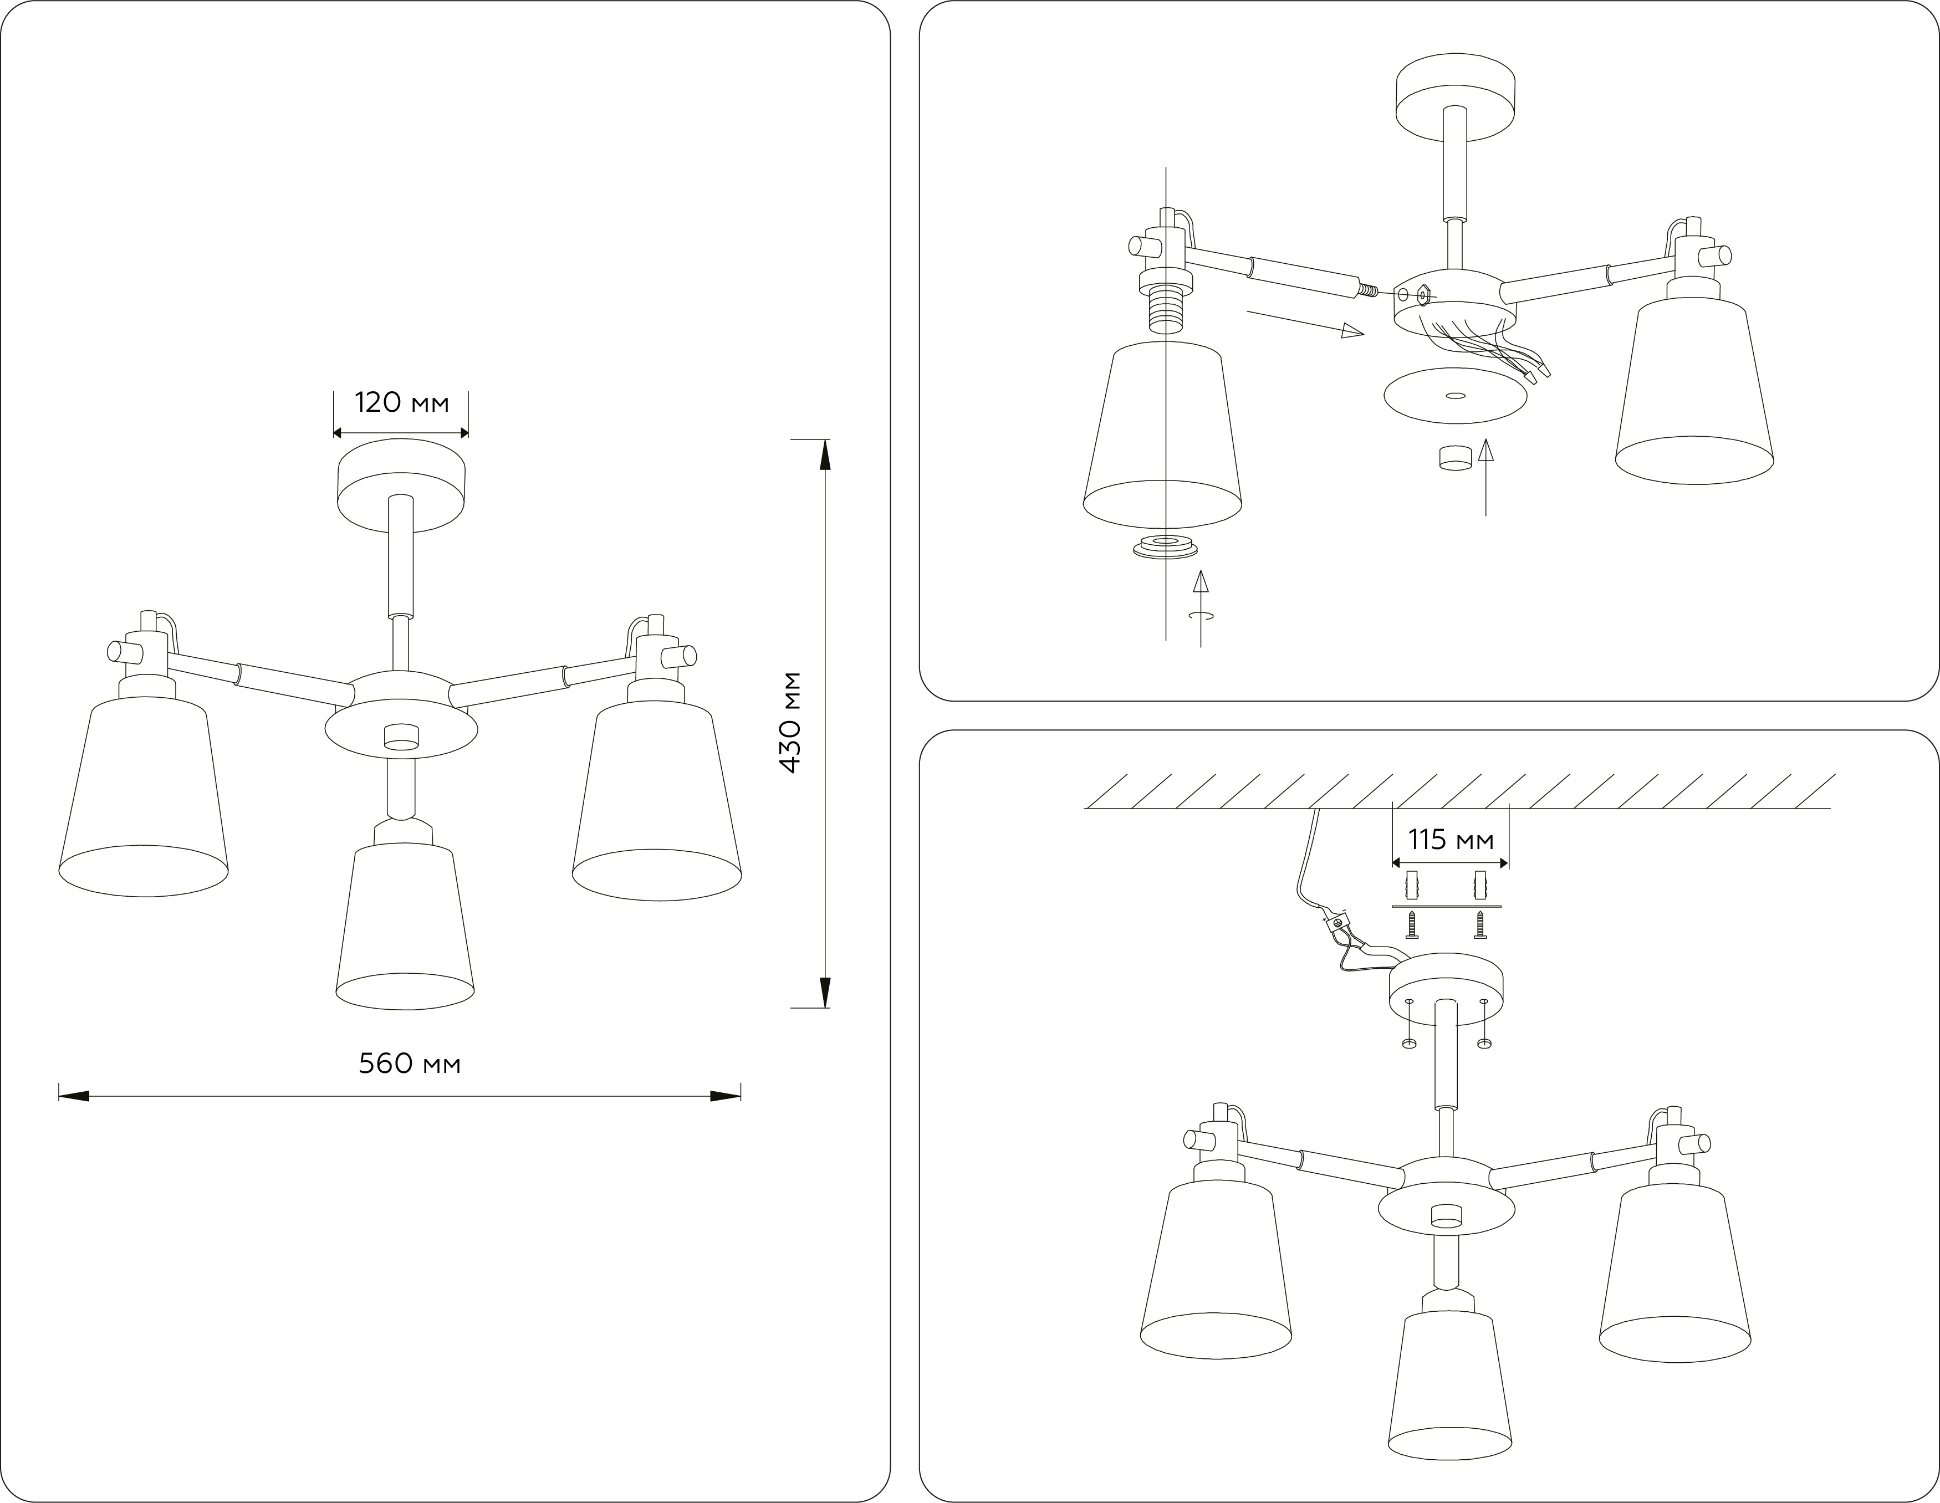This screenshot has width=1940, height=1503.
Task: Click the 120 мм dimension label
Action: pos(401,403)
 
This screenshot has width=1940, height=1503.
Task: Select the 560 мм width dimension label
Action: pos(410,1064)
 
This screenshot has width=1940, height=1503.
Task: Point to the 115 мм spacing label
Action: pos(1451,840)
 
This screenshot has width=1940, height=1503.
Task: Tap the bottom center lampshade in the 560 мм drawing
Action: pos(405,928)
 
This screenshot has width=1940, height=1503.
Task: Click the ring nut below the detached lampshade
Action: pos(1163,547)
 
